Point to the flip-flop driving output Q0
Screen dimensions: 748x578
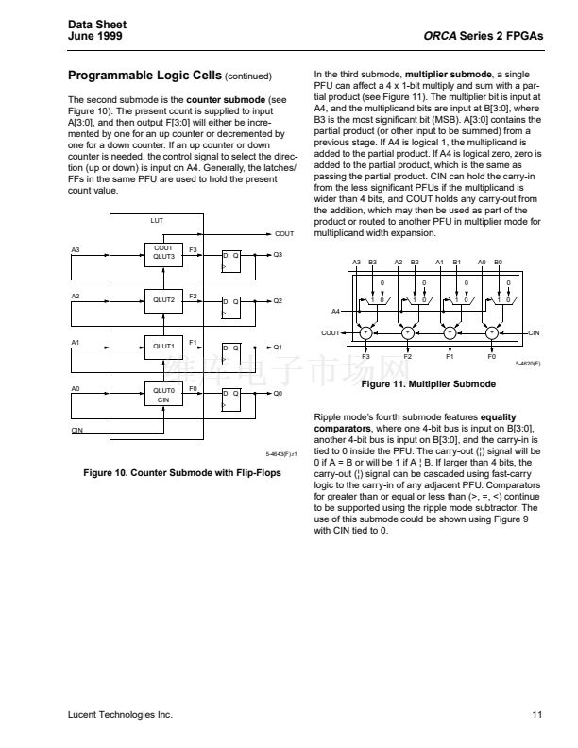[230, 399]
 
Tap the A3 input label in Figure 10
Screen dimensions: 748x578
[76, 249]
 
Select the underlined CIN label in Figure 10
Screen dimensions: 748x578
[79, 431]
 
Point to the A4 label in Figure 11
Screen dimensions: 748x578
[335, 310]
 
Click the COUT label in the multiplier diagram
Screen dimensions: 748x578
[330, 332]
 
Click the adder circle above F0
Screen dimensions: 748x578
[491, 332]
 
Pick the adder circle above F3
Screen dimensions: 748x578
[365, 332]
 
